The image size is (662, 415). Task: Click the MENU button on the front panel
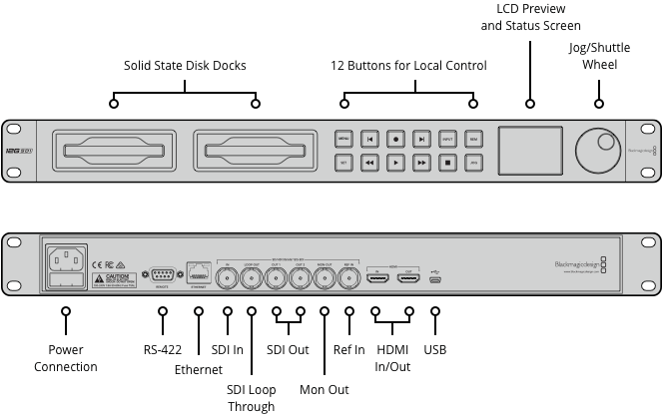[x=343, y=140]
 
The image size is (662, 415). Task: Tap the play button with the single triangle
[x=396, y=161]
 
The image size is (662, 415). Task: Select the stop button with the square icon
[x=448, y=161]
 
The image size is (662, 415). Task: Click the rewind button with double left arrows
[x=370, y=161]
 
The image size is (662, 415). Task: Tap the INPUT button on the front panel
[x=448, y=140]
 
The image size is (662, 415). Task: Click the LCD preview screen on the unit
[x=530, y=150]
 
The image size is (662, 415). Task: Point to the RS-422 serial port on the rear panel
[x=161, y=275]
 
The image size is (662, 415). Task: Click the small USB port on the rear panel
[x=434, y=278]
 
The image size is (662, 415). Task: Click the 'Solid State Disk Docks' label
[x=185, y=66]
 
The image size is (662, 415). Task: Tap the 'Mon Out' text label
[x=325, y=389]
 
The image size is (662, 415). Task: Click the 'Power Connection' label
[x=66, y=358]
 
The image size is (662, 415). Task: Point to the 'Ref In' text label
[x=349, y=350]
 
